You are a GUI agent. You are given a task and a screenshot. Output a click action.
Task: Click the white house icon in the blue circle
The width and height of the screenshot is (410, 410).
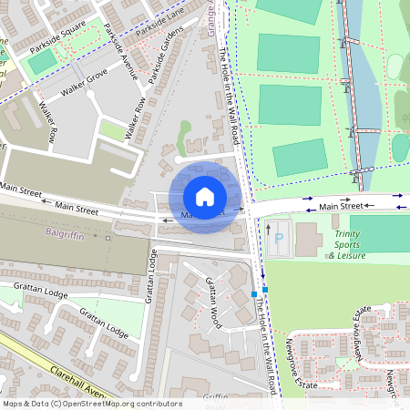[205, 196]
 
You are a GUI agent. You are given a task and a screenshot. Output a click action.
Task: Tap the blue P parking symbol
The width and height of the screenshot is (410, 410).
[278, 241]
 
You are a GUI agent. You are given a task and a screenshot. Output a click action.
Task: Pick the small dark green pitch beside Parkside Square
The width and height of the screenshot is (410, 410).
[41, 62]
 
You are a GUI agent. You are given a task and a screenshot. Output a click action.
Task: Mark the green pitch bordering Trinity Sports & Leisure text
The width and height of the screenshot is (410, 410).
[379, 232]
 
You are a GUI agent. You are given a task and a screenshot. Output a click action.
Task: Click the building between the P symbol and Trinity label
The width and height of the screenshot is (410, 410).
[307, 239]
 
